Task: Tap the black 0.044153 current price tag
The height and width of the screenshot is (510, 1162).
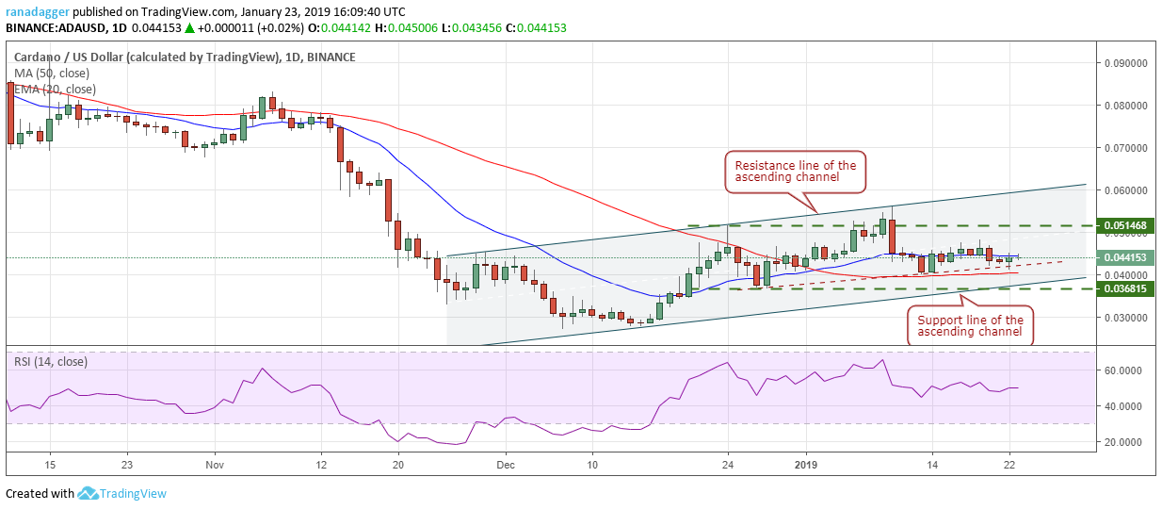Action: click(1126, 256)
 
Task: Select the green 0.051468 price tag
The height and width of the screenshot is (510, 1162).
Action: click(1126, 226)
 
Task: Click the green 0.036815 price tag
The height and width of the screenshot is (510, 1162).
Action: click(1126, 288)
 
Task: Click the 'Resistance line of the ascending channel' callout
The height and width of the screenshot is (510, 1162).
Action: click(795, 172)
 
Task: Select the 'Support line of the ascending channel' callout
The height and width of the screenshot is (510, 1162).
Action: click(970, 326)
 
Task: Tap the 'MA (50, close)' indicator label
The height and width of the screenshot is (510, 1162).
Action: click(52, 73)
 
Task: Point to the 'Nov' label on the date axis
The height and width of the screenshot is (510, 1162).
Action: click(214, 465)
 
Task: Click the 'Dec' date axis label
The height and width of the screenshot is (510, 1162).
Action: click(506, 465)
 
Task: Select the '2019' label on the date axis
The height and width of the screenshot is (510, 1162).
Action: click(807, 465)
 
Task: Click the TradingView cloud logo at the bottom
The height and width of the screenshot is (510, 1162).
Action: click(89, 493)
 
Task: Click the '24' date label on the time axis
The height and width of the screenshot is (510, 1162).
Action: click(728, 465)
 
